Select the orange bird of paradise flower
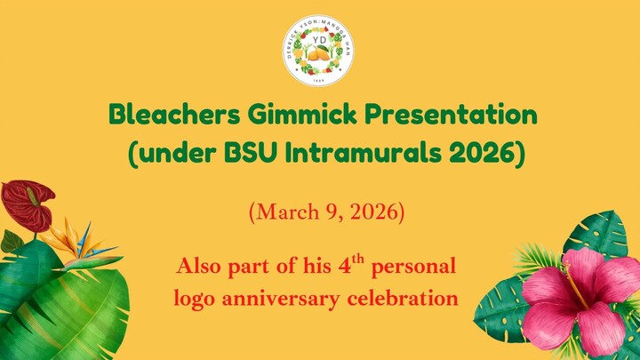(71, 240)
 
